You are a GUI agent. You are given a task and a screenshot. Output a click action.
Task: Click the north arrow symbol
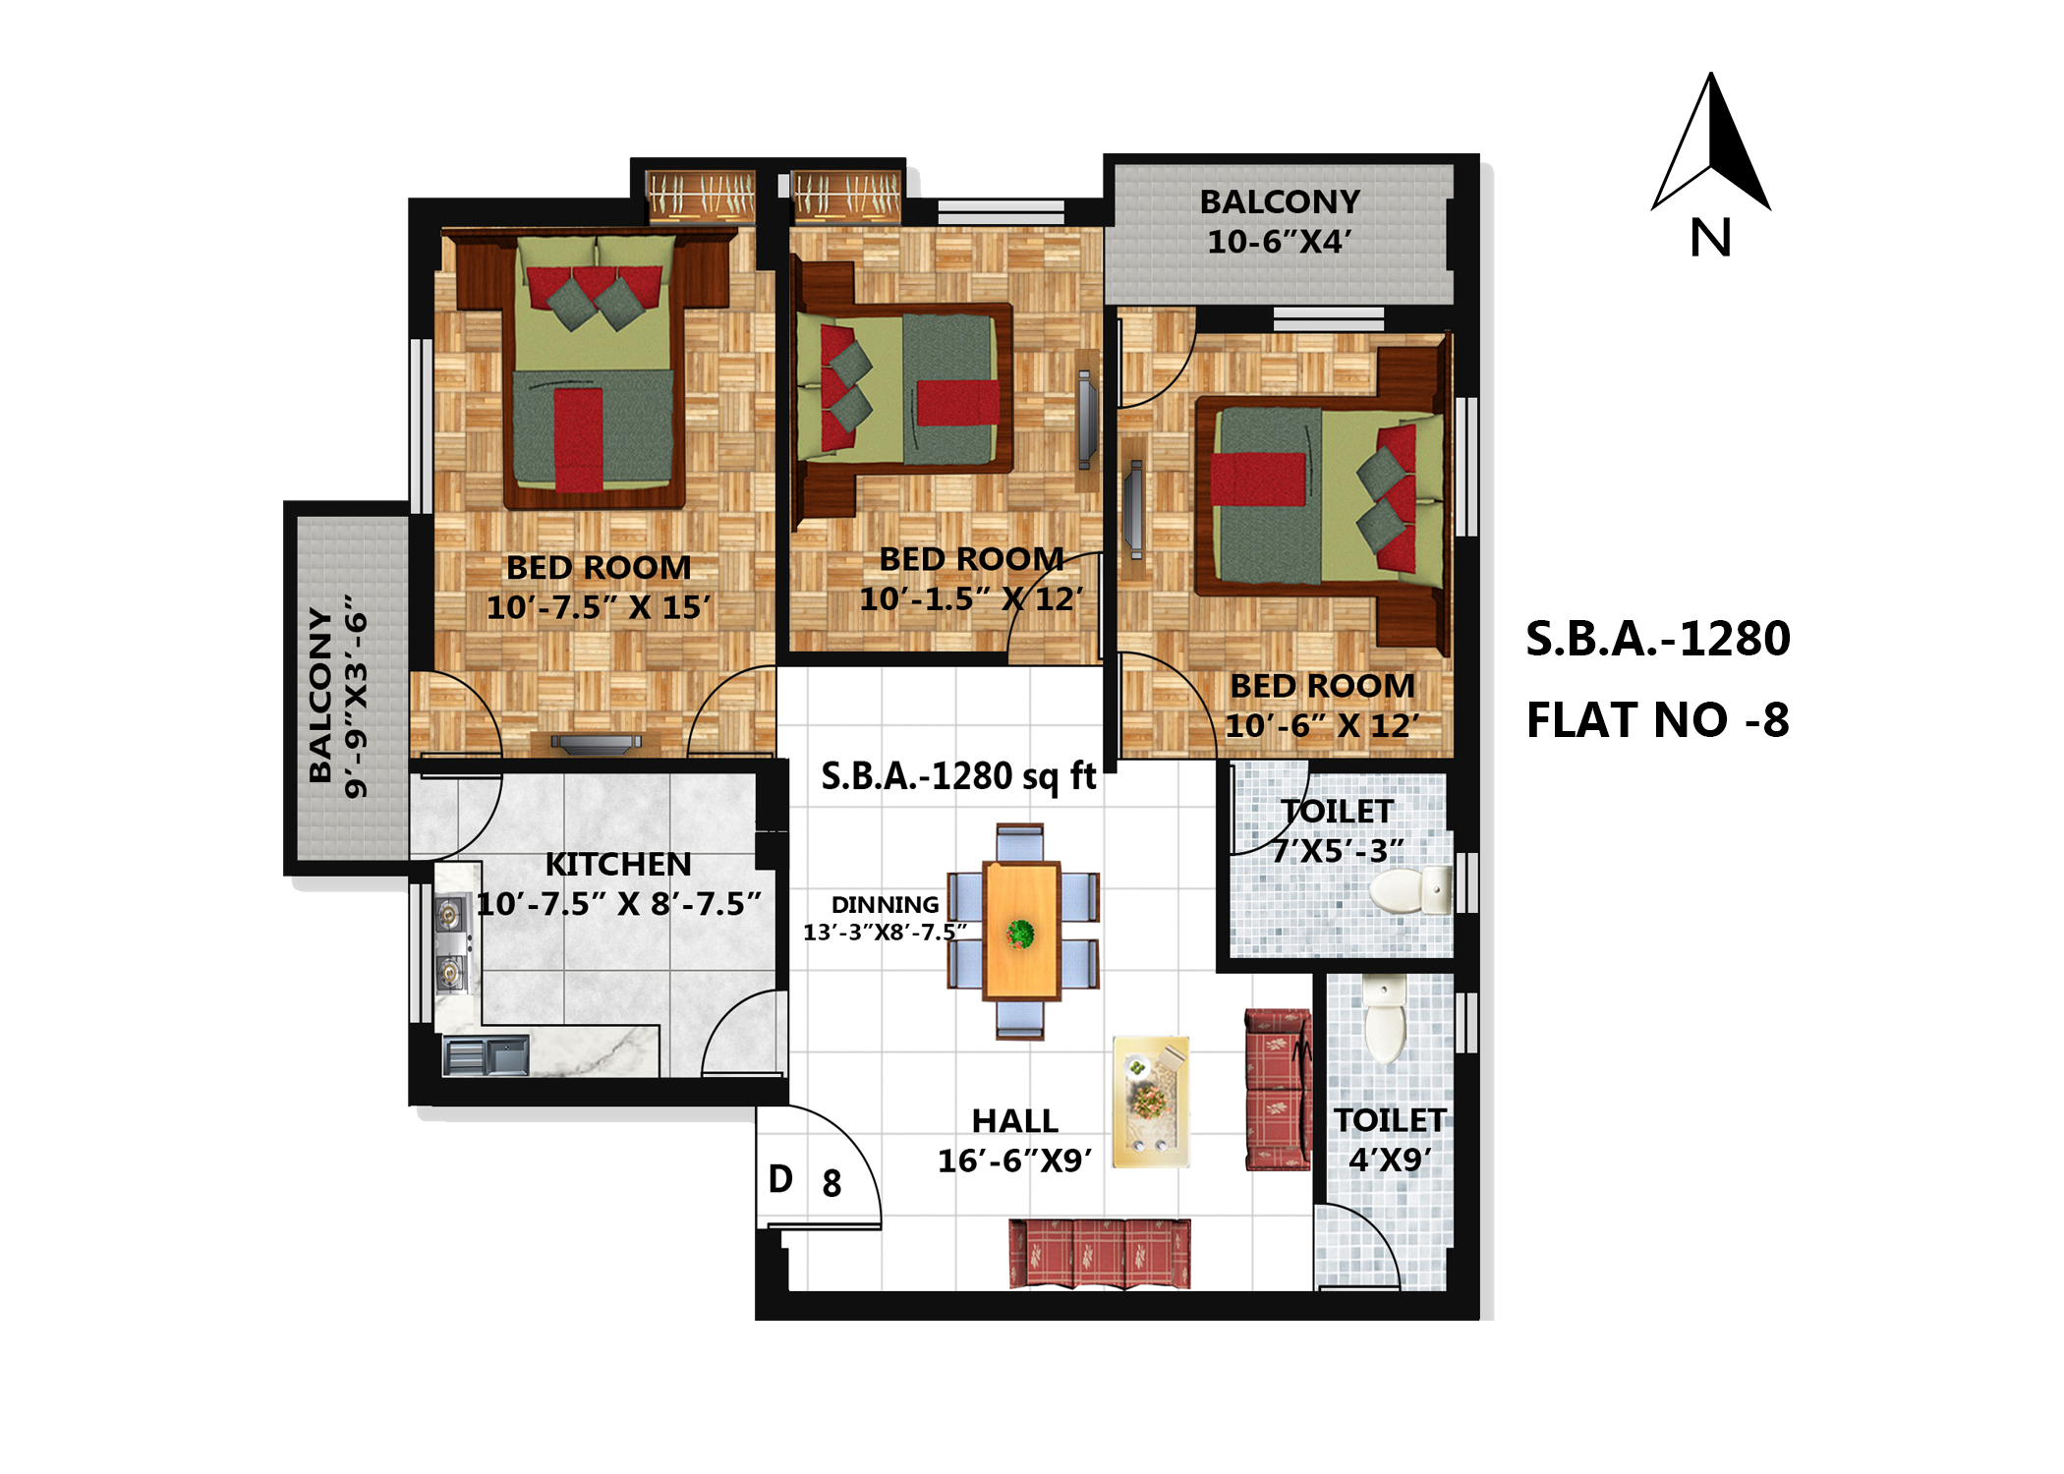[x=1711, y=142]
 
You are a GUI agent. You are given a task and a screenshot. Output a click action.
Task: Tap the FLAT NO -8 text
[x=1657, y=720]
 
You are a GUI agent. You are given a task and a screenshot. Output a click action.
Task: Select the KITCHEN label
[x=618, y=865]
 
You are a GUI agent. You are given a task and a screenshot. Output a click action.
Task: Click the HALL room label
[x=1014, y=1121]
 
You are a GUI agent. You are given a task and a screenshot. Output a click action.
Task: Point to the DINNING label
[x=885, y=905]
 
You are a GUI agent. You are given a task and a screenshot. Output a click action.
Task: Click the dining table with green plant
[x=1021, y=932]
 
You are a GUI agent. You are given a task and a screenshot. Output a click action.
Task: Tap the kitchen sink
[x=486, y=1056]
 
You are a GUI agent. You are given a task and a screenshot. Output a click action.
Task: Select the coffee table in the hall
[x=1151, y=1102]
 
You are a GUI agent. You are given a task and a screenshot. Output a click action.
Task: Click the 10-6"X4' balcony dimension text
[x=1280, y=242]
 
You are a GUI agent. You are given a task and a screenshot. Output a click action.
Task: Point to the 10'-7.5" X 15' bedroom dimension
[x=599, y=608]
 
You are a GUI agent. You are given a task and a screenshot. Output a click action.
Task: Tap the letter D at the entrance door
[x=780, y=1179]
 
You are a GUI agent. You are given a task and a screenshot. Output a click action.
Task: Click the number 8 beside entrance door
[x=831, y=1184]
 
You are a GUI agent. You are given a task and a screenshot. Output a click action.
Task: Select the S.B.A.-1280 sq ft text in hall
[x=958, y=776]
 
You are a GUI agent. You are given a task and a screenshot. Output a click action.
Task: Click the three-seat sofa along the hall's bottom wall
[x=1100, y=1254]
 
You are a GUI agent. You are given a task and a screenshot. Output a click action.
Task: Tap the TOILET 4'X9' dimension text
[x=1390, y=1161]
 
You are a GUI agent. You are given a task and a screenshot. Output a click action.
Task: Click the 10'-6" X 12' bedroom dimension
[x=1322, y=726]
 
